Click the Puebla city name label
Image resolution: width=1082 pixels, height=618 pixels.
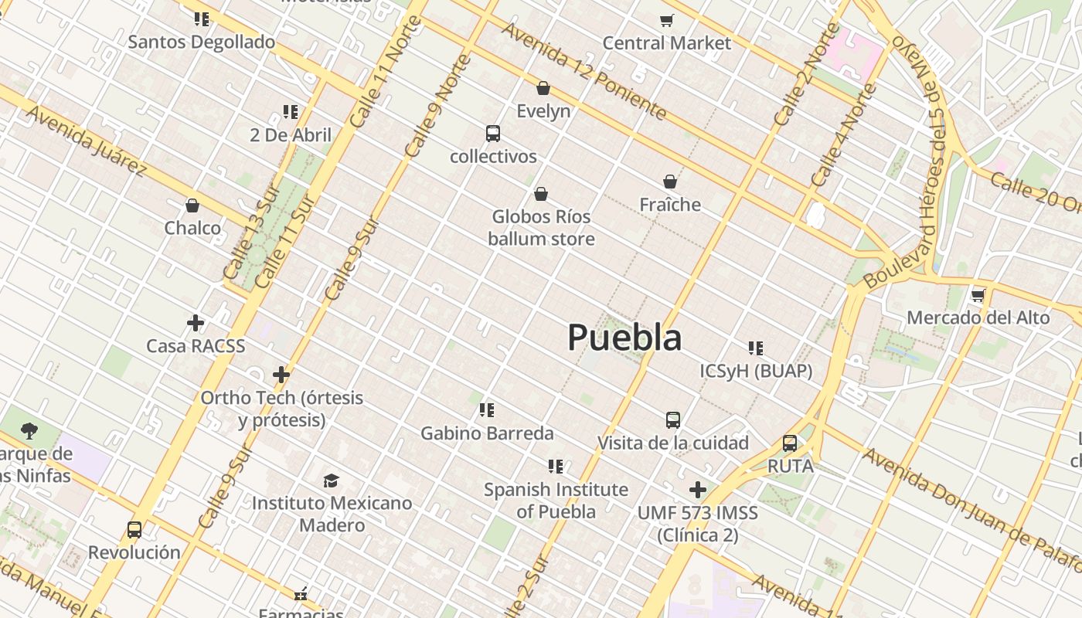624,338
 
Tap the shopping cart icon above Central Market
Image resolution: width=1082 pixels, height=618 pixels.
666,20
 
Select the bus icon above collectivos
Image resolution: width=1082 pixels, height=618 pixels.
493,134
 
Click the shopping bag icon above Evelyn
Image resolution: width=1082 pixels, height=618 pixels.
543,88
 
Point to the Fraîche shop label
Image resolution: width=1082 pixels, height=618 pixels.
670,205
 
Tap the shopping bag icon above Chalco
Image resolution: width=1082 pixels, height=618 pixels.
192,205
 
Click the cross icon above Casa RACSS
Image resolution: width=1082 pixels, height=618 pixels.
196,323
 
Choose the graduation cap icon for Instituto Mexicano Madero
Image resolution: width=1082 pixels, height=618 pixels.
332,480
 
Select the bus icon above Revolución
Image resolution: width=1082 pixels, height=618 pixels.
134,530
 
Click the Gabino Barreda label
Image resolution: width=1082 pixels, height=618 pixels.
487,433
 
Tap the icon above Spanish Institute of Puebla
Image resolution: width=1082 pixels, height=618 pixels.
556,467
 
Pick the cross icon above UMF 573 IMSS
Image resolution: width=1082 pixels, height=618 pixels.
698,490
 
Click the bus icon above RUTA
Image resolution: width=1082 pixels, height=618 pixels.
790,443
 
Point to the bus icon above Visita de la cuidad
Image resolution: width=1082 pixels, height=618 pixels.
673,420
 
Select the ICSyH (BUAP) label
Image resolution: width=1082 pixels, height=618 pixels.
756,372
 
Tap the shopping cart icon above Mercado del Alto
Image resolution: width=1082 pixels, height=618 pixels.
978,295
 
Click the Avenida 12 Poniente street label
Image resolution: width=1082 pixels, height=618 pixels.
584,71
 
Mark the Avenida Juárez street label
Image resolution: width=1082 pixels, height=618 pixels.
87,141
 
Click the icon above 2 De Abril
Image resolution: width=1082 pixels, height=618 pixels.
291,112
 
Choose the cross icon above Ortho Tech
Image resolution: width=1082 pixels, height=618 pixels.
281,375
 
